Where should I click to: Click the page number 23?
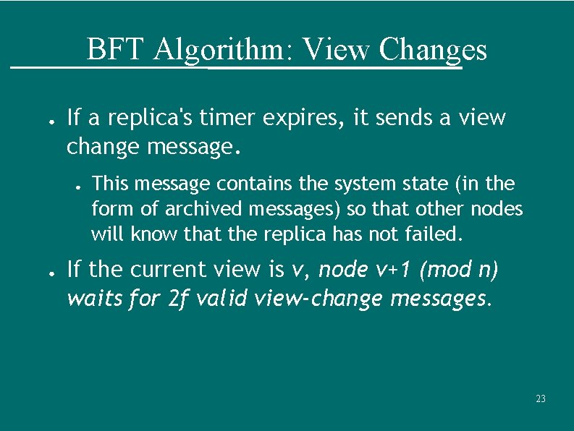pos(540,399)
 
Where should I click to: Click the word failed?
pos(435,235)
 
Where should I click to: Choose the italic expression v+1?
pos(394,270)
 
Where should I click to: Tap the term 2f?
pos(180,297)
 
